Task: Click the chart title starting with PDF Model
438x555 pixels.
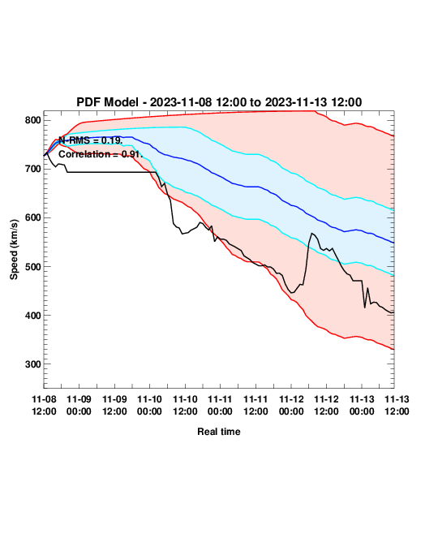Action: (219, 102)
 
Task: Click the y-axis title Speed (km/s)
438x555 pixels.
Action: (14, 250)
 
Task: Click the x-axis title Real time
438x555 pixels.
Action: (219, 432)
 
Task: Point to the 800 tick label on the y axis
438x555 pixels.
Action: (32, 120)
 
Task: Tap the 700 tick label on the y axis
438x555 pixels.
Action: (32, 170)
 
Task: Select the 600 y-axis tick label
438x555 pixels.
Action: (32, 217)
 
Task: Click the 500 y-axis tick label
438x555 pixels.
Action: (32, 266)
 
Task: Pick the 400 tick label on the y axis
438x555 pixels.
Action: (32, 316)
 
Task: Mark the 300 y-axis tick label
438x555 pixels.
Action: (32, 364)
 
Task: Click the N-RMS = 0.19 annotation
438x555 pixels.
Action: (91, 140)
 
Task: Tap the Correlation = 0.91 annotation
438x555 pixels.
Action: (101, 154)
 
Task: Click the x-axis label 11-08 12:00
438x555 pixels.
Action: (44, 405)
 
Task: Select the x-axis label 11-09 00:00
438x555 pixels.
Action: (79, 405)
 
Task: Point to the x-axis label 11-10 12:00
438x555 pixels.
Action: (185, 405)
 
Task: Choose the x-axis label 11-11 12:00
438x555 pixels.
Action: (255, 405)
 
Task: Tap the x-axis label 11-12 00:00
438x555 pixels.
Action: (291, 405)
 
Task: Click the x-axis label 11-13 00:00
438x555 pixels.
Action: (362, 405)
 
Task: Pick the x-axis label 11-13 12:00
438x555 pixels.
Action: (397, 405)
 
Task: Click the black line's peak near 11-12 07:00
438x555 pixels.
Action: (311, 233)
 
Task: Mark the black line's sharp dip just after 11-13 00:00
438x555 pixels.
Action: (365, 308)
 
